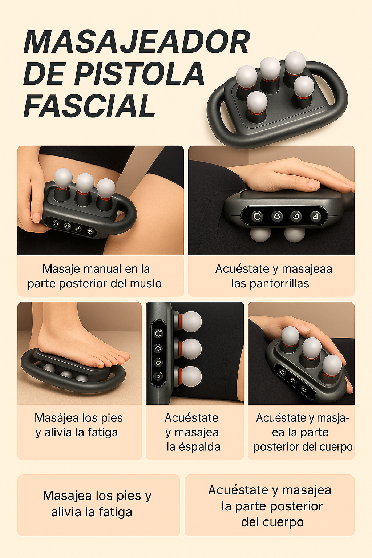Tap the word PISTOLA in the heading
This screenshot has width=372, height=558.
tap(139, 74)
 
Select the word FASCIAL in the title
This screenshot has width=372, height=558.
tap(89, 106)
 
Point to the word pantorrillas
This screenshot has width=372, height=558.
tap(270, 283)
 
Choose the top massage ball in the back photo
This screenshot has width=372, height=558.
tap(190, 321)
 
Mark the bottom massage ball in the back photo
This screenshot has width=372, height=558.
tap(190, 376)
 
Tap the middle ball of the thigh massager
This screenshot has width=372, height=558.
tap(85, 183)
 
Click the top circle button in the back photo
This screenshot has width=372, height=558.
tap(158, 333)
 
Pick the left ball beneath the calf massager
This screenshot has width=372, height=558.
tap(260, 234)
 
